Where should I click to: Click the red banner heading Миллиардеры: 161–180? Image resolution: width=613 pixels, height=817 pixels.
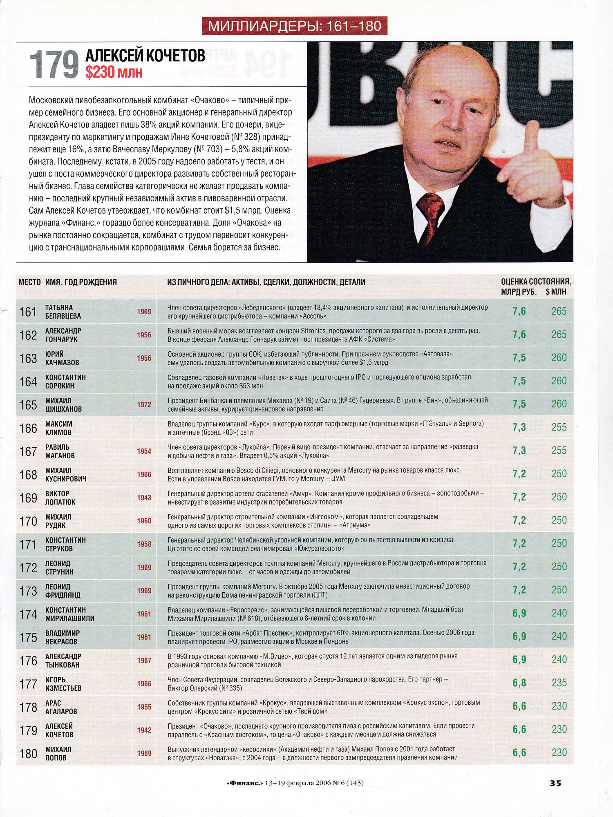(294, 26)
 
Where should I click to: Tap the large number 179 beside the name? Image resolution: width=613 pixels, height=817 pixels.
(54, 64)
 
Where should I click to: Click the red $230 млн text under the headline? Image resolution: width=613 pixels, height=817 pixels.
(114, 72)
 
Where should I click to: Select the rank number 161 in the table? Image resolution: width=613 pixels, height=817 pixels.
(28, 312)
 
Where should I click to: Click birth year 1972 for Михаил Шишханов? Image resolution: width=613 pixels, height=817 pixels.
(144, 405)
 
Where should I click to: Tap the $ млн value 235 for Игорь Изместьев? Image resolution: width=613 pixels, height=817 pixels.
(559, 683)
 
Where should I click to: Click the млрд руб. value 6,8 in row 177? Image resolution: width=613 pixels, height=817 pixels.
(519, 683)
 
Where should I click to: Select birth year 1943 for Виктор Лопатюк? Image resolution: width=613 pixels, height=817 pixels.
(144, 498)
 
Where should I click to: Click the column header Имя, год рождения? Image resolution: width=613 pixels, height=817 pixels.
(81, 282)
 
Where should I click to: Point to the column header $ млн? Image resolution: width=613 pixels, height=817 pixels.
(556, 292)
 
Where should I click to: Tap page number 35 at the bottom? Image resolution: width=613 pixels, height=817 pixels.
(555, 783)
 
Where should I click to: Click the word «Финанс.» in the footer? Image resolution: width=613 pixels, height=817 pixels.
(244, 783)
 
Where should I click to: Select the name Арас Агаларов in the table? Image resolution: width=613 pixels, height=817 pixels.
(61, 707)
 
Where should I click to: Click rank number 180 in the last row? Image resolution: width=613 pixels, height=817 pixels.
(28, 754)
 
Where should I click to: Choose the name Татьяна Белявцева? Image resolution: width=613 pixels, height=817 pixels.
(63, 312)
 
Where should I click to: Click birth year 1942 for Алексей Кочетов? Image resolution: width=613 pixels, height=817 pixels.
(144, 730)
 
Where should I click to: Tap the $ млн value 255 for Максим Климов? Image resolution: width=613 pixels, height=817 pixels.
(559, 427)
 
